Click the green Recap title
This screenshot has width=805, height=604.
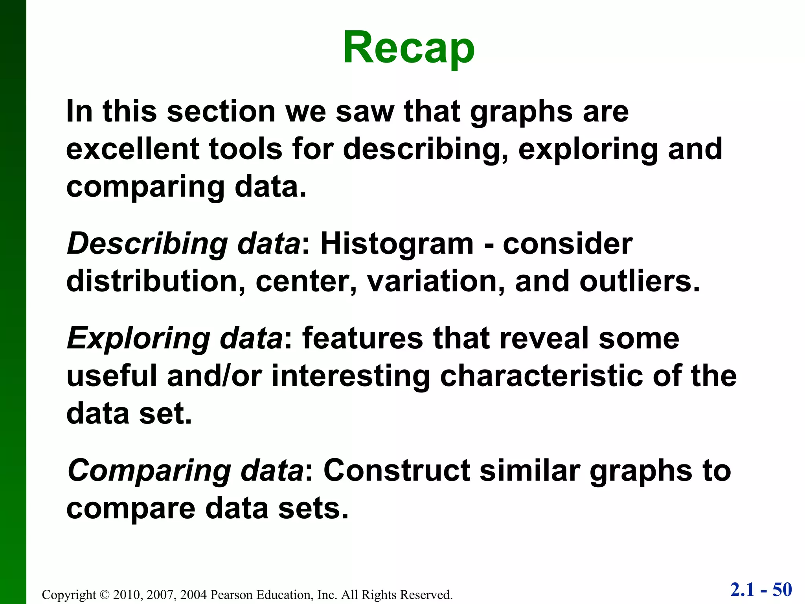409,48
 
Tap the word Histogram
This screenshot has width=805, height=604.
397,244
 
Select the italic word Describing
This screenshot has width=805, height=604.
147,245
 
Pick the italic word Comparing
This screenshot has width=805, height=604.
149,471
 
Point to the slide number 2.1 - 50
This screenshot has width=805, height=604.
761,590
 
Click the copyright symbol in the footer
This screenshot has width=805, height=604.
104,595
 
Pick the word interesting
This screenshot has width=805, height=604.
351,376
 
